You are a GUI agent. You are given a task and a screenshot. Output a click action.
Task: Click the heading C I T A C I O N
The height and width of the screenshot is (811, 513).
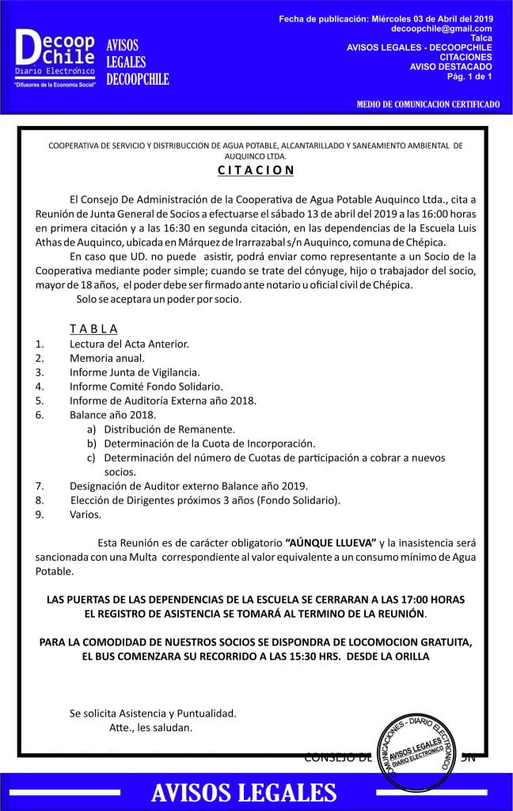pyautogui.click(x=256, y=169)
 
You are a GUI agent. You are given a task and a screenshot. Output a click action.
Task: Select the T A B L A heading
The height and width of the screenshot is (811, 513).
pyautogui.click(x=93, y=329)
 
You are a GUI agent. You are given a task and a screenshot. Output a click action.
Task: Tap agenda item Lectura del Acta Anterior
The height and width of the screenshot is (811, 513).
pyautogui.click(x=129, y=344)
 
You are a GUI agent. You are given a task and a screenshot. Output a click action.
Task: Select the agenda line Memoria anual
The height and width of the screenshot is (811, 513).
pyautogui.click(x=107, y=358)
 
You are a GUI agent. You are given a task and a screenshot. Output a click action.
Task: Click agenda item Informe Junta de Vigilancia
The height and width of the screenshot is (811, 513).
pyautogui.click(x=135, y=372)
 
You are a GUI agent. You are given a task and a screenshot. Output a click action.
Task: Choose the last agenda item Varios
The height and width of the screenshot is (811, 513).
pyautogui.click(x=85, y=515)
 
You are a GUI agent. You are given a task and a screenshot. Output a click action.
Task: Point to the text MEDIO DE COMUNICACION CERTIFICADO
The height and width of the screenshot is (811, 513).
pyautogui.click(x=428, y=104)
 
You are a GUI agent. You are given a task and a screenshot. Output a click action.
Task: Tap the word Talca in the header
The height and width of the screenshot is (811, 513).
pyautogui.click(x=481, y=38)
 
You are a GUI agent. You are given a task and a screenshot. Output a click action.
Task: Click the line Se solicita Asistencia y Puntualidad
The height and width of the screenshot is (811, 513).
pyautogui.click(x=153, y=713)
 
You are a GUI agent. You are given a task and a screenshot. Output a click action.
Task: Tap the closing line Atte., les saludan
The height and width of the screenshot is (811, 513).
pyautogui.click(x=150, y=727)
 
